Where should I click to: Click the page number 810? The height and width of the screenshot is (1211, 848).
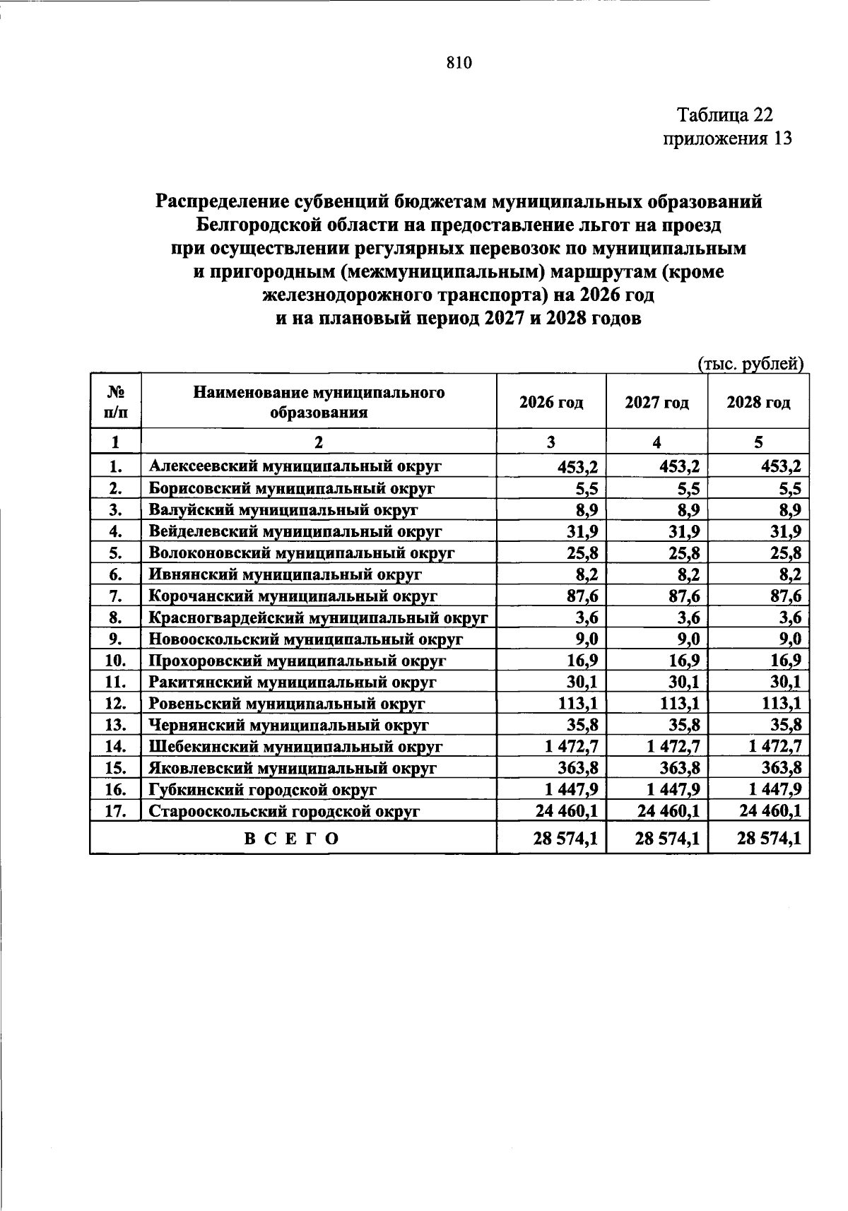click(x=459, y=64)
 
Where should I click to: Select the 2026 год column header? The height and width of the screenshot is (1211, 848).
click(x=551, y=403)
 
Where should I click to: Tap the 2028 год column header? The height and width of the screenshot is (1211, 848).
click(x=758, y=403)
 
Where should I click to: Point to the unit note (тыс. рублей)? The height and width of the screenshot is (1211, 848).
click(x=751, y=365)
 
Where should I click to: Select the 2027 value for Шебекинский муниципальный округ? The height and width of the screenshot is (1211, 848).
click(x=668, y=746)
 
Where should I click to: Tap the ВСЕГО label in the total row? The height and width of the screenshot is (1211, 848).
click(x=292, y=839)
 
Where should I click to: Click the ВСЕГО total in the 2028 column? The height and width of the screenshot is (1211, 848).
click(x=770, y=839)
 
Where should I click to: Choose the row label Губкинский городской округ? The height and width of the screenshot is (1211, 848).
click(x=263, y=790)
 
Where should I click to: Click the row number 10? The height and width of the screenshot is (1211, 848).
click(x=115, y=661)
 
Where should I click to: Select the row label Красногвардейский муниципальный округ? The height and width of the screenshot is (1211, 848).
click(x=319, y=618)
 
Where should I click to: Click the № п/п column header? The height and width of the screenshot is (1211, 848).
click(x=115, y=403)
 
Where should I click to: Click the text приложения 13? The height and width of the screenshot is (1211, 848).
click(x=727, y=138)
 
